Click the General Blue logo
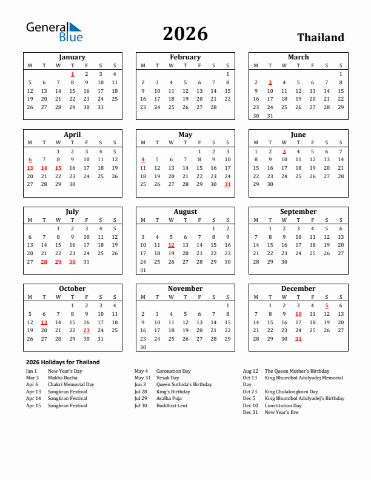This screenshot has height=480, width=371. [x=53, y=32]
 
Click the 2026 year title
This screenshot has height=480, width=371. [x=185, y=34]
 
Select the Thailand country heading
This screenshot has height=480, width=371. [x=320, y=38]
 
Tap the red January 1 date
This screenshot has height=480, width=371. [x=72, y=74]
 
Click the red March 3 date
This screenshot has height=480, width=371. [x=270, y=82]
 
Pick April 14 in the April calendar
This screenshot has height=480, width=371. [x=44, y=168]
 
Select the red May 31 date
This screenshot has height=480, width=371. [x=227, y=184]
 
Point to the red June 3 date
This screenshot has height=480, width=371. [x=284, y=152]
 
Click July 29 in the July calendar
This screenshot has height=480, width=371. [x=58, y=262]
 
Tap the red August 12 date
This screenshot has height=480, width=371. [x=171, y=245]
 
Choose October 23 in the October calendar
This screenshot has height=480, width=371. [x=86, y=330]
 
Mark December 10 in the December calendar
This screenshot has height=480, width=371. [x=298, y=314]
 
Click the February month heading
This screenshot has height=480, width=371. [x=185, y=57]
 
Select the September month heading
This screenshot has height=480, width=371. [x=298, y=212]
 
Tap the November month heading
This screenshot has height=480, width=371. [x=185, y=288]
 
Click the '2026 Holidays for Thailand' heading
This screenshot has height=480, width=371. [x=62, y=362]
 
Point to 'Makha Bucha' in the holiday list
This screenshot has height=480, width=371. [x=62, y=378]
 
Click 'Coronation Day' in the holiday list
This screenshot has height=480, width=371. [x=173, y=371]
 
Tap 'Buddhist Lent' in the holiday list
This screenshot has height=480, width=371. [x=172, y=405]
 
